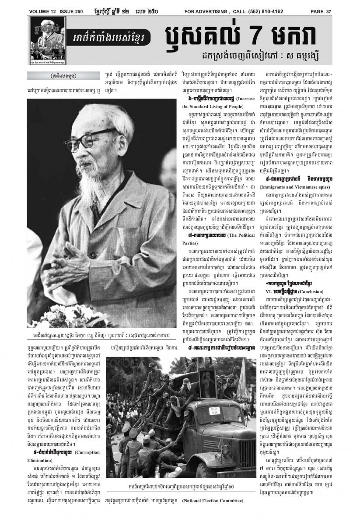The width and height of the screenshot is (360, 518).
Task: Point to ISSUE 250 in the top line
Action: [x=76, y=11]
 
